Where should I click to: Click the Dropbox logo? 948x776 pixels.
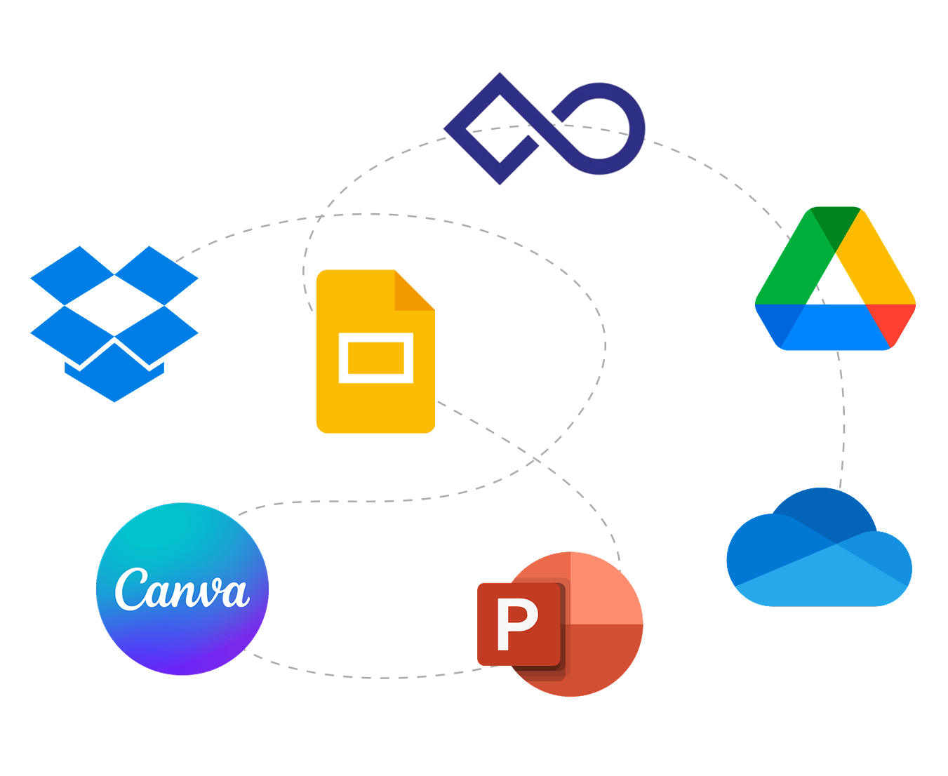pyautogui.click(x=114, y=323)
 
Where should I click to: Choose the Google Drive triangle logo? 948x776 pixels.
pyautogui.click(x=835, y=281)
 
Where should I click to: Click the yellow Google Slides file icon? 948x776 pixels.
pyautogui.click(x=375, y=351)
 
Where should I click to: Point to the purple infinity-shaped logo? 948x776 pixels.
pyautogui.click(x=544, y=128)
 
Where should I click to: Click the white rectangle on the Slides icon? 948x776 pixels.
pyautogui.click(x=375, y=358)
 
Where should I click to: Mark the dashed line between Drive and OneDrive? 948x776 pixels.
pyautogui.click(x=843, y=421)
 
